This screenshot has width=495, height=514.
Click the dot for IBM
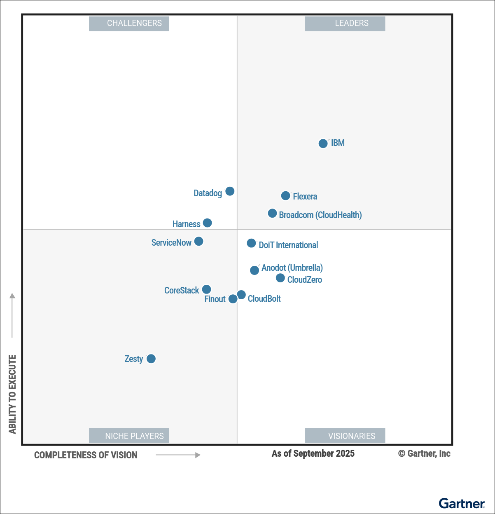(x=323, y=143)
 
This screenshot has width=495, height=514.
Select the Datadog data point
(x=230, y=191)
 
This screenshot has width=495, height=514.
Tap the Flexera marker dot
(x=285, y=196)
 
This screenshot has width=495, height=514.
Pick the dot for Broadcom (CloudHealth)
(x=272, y=213)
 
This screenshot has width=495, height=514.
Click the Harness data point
(x=208, y=223)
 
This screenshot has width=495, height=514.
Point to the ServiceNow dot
(x=198, y=241)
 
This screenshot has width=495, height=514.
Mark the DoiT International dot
(x=251, y=243)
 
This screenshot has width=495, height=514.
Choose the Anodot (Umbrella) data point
(x=255, y=270)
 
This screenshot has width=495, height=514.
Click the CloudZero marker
(x=280, y=278)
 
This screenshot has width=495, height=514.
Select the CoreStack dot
(x=207, y=289)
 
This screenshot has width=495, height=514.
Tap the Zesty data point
(x=151, y=359)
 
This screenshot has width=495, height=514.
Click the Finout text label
(x=215, y=299)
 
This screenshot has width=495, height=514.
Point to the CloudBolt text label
(x=264, y=299)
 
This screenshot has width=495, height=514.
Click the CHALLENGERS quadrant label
(x=129, y=23)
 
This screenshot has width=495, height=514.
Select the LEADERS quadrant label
(x=345, y=23)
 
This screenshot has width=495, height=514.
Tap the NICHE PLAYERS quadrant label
(x=129, y=436)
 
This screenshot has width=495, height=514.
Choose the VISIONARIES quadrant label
(x=345, y=436)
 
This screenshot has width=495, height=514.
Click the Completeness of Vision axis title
(x=86, y=455)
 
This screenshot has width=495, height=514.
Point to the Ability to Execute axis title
(x=12, y=394)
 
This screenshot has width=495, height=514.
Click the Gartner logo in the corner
(x=462, y=503)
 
